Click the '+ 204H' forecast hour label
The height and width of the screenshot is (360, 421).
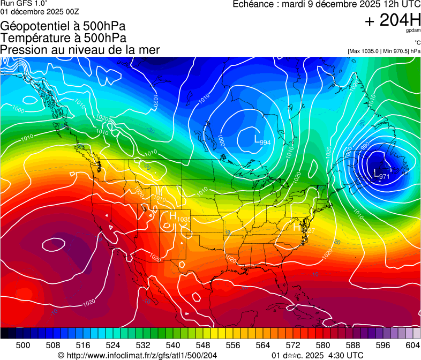click(393, 20)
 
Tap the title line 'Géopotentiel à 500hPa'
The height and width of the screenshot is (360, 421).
click(63, 26)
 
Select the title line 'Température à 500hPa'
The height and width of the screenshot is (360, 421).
click(63, 37)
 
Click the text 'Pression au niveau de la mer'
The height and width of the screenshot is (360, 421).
click(80, 50)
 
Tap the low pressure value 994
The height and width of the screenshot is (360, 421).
click(265, 142)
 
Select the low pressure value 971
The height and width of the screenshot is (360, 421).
click(384, 176)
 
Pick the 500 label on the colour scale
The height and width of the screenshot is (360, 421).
click(23, 345)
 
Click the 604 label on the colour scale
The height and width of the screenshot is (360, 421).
click(412, 345)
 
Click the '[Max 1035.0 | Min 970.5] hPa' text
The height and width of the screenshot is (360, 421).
click(384, 51)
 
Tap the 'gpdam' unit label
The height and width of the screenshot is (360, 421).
click(412, 31)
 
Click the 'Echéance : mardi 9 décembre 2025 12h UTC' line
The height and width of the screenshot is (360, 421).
click(326, 4)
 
